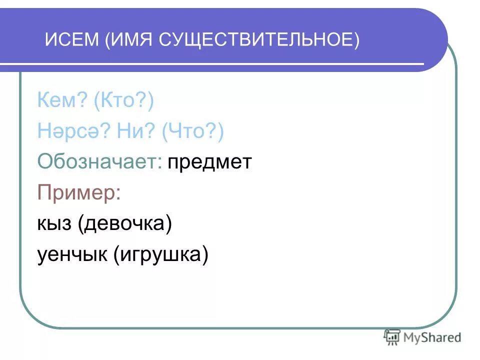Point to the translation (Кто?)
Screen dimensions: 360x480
123,101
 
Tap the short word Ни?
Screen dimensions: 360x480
128,131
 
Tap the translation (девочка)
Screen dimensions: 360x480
124,223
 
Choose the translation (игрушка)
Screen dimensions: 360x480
160,255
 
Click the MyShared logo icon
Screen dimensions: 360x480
392,337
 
